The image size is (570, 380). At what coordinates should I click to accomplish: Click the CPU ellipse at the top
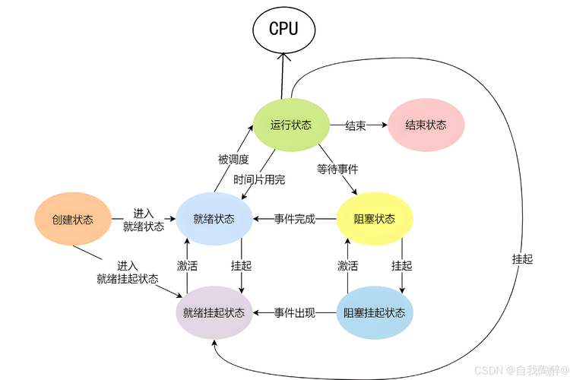283,29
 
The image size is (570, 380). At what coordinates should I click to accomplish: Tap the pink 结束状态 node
425,125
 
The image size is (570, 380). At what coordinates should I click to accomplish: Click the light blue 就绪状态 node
214,219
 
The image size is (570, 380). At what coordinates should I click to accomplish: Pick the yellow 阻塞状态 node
374,219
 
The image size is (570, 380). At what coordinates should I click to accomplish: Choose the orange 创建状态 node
72,220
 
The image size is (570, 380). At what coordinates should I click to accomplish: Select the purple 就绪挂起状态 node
214,312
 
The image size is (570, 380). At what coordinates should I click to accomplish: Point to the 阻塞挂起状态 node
374,312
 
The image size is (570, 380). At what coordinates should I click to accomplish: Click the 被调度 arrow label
233,160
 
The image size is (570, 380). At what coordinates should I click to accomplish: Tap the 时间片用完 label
259,179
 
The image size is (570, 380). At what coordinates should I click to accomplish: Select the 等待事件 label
337,168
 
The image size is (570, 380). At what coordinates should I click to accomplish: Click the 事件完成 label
294,219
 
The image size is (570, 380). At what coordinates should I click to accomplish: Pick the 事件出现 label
294,312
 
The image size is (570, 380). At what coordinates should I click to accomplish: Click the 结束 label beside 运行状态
355,125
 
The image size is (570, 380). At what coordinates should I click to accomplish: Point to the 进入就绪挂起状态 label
128,272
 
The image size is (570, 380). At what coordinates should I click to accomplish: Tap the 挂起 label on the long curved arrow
522,258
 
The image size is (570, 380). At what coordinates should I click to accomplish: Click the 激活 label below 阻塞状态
347,266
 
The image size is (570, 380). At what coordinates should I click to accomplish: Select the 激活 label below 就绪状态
188,266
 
